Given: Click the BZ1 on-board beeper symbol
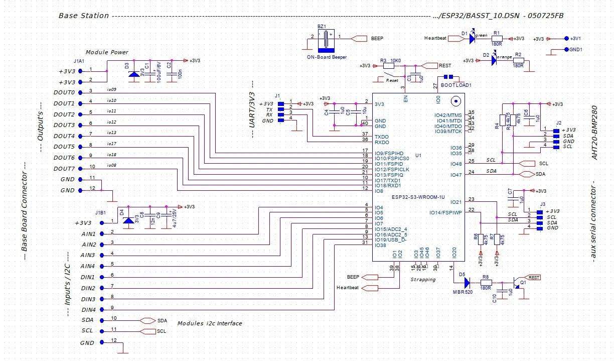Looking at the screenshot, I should pyautogui.click(x=327, y=40).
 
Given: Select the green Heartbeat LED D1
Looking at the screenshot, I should pyautogui.click(x=472, y=39).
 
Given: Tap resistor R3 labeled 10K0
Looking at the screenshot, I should pyautogui.click(x=388, y=65).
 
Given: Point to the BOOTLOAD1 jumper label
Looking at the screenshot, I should pyautogui.click(x=456, y=85).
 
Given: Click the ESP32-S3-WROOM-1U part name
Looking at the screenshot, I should pyautogui.click(x=418, y=197).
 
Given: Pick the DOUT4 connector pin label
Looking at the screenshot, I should pyautogui.click(x=64, y=136).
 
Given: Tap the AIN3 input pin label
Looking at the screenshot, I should pyautogui.click(x=89, y=256).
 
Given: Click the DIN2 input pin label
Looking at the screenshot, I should pyautogui.click(x=88, y=288).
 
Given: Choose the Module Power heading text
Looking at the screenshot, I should pyautogui.click(x=107, y=52).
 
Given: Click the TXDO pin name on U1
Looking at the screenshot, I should pyautogui.click(x=382, y=137).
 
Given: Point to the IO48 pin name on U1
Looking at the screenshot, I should pyautogui.click(x=456, y=164).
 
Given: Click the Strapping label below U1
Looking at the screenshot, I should pyautogui.click(x=423, y=279).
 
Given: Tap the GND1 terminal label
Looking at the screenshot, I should pyautogui.click(x=576, y=50).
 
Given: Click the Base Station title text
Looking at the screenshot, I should pyautogui.click(x=84, y=16).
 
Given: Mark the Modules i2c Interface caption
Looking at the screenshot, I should pyautogui.click(x=210, y=323).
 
